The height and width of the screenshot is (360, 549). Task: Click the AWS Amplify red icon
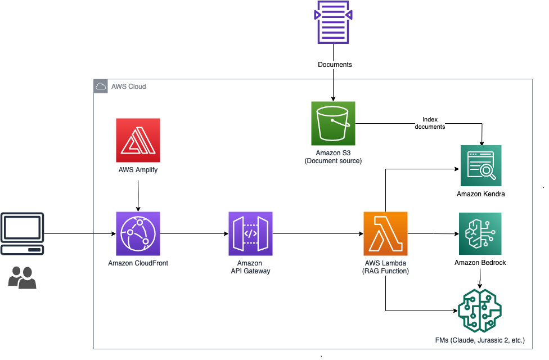[x=138, y=140]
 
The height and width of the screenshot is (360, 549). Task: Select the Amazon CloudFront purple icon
[x=138, y=233]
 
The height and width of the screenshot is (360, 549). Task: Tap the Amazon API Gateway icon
[x=250, y=233]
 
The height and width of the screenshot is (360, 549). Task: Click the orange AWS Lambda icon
[x=385, y=233]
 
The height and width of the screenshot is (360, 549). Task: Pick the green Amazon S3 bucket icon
[x=333, y=123]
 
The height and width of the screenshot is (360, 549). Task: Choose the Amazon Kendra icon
[x=481, y=165]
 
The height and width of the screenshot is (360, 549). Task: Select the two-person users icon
[x=22, y=277]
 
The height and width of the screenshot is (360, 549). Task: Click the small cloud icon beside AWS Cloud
[x=101, y=86]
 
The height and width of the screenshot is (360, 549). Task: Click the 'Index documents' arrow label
[x=430, y=123]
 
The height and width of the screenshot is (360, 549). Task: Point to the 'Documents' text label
[x=335, y=65]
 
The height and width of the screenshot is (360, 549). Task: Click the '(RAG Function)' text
[x=385, y=271]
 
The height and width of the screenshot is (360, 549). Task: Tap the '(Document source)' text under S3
[x=333, y=161]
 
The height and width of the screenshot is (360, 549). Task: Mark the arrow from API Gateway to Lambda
[x=318, y=233]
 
